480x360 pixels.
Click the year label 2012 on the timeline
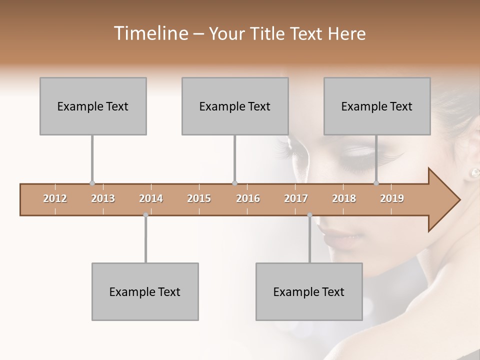tap(55, 198)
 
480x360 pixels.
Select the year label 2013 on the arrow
tap(103, 198)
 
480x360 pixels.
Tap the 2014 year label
tap(151, 198)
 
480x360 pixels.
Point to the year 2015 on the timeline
tap(199, 198)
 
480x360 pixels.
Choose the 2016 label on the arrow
tap(248, 198)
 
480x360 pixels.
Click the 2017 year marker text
tap(296, 198)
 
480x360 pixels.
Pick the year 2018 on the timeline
tap(344, 198)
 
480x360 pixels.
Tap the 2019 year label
tap(392, 198)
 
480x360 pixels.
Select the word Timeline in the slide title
tap(149, 33)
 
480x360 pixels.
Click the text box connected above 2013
tap(93, 106)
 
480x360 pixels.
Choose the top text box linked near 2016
tap(235, 106)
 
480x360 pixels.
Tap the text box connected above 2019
tap(377, 106)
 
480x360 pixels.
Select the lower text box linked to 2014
tap(145, 291)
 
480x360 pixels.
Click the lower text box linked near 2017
tap(309, 291)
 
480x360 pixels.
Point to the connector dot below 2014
tap(145, 215)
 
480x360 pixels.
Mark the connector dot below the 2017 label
tap(309, 215)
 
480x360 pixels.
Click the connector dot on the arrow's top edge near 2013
tap(92, 183)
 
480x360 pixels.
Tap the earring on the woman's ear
tap(473, 172)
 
